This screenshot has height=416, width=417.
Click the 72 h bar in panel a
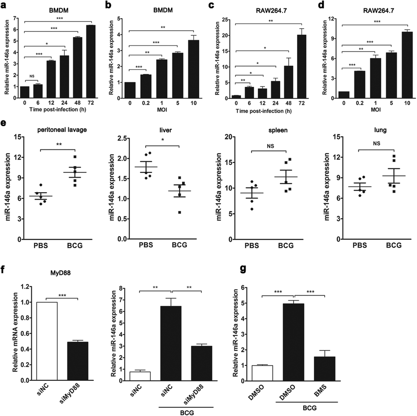click(x=91, y=56)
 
